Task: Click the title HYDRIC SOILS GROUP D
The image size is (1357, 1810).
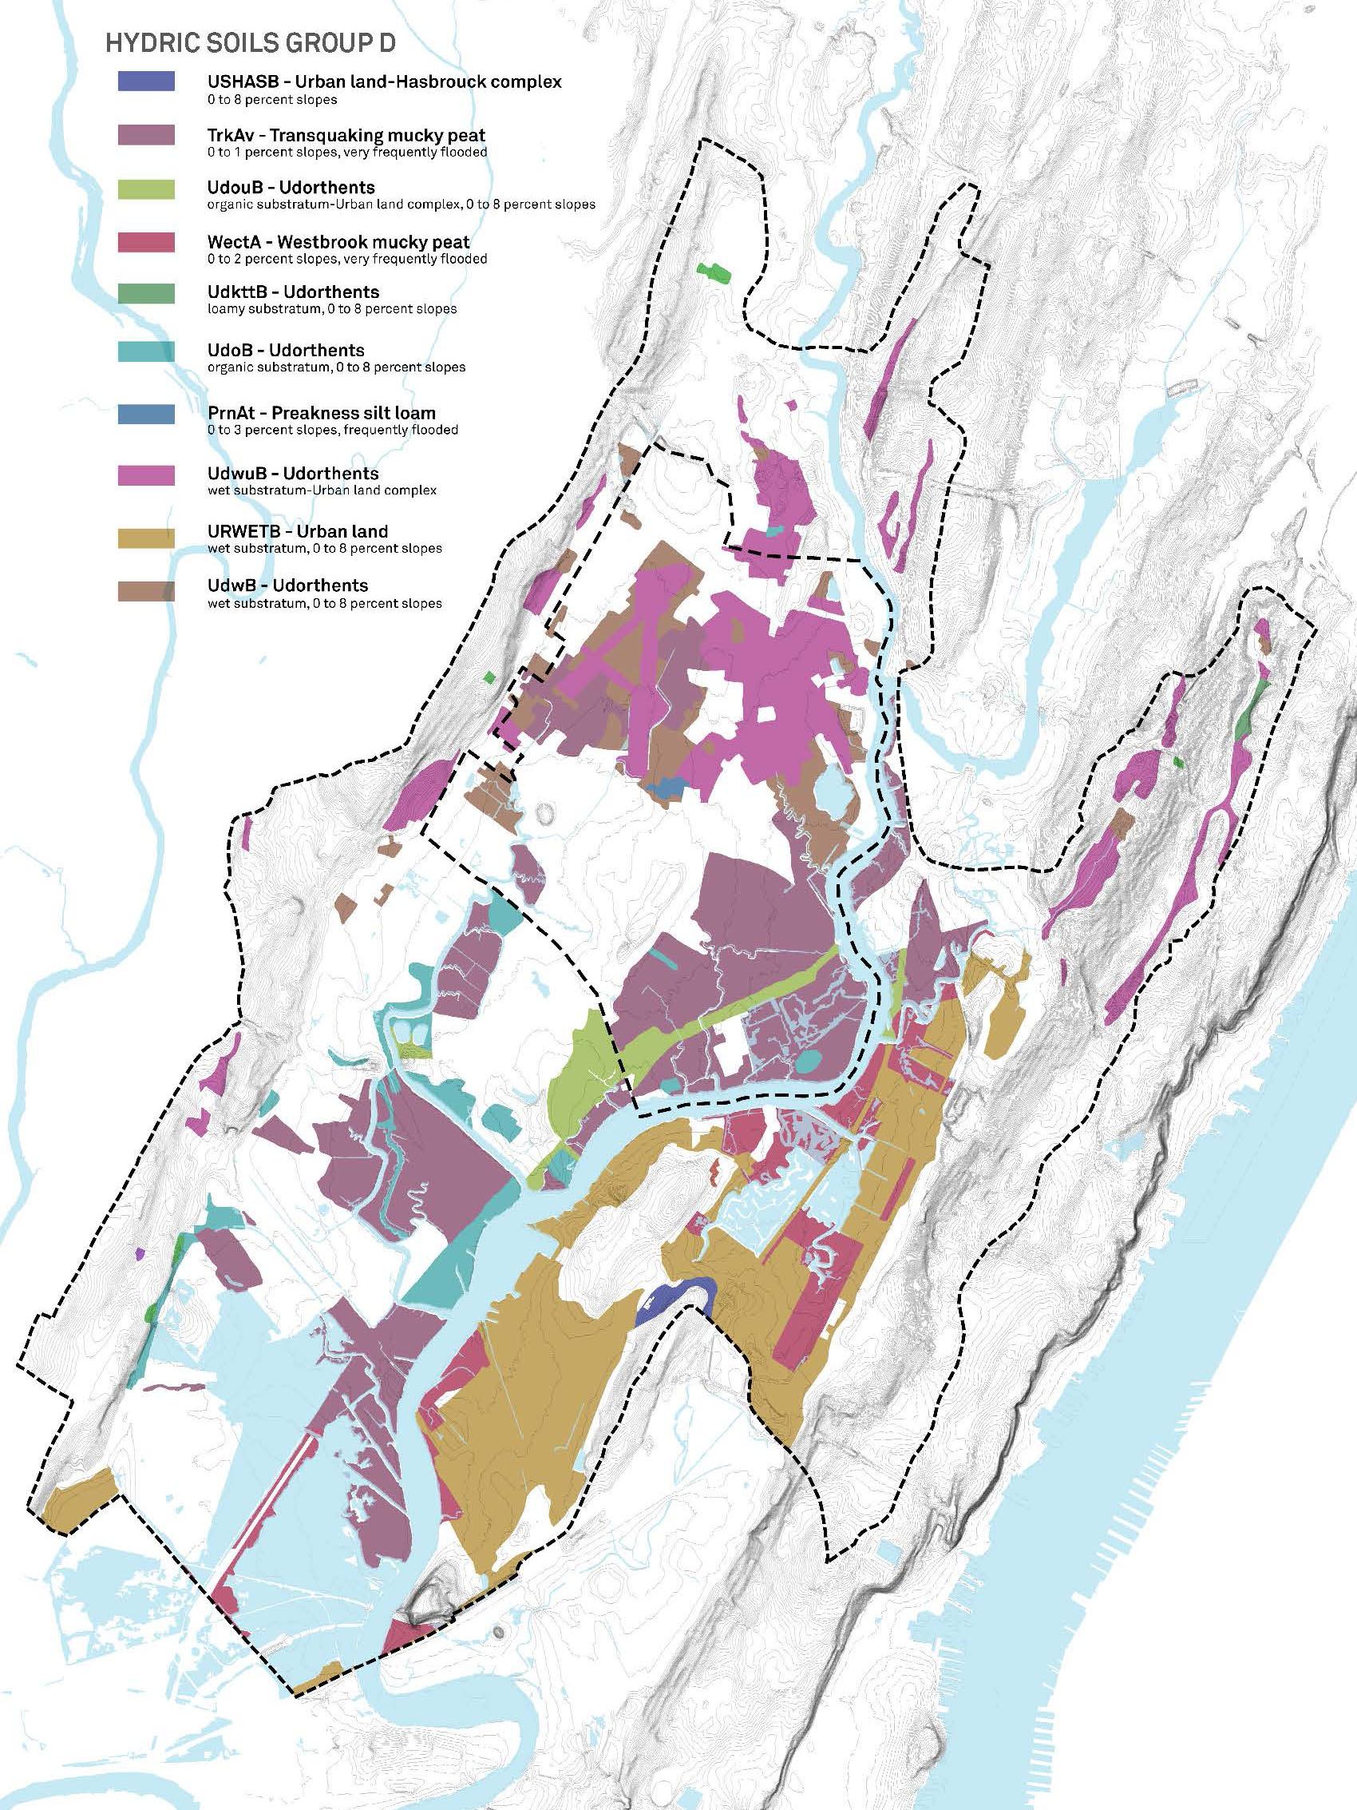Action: pyautogui.click(x=251, y=43)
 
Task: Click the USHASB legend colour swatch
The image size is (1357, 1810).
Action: pyautogui.click(x=145, y=81)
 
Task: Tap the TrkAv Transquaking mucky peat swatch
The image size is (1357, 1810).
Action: pyautogui.click(x=145, y=135)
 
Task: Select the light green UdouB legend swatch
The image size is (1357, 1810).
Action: pyautogui.click(x=145, y=190)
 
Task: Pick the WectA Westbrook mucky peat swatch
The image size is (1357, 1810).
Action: pyautogui.click(x=145, y=242)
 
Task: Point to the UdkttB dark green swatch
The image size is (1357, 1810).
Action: pyautogui.click(x=145, y=293)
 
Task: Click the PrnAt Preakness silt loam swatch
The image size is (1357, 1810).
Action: pyautogui.click(x=145, y=415)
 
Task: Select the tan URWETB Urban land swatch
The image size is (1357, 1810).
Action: pyautogui.click(x=145, y=538)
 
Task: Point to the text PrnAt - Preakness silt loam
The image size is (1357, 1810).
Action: pyautogui.click(x=322, y=413)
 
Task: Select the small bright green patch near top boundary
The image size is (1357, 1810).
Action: pyautogui.click(x=714, y=272)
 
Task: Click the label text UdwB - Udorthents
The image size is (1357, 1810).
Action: pyautogui.click(x=287, y=585)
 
